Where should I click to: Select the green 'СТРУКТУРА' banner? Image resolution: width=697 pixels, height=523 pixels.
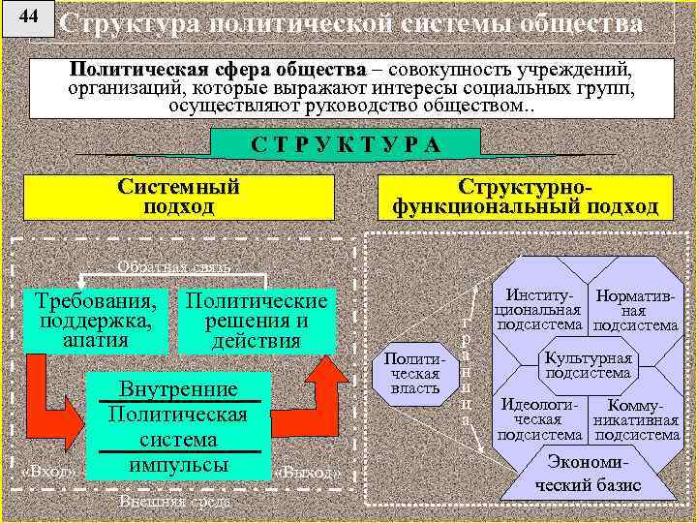pyautogui.click(x=345, y=144)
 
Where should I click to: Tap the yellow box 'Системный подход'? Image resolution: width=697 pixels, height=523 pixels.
pyautogui.click(x=178, y=197)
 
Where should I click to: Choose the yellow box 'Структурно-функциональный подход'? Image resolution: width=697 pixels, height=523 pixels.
pyautogui.click(x=525, y=197)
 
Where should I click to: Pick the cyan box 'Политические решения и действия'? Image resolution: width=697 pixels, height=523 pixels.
pyautogui.click(x=256, y=320)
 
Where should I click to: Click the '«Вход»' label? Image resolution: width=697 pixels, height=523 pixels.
pyautogui.click(x=47, y=472)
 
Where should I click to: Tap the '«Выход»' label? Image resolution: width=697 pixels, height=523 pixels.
pyautogui.click(x=307, y=473)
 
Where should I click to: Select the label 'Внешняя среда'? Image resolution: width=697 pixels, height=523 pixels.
pyautogui.click(x=175, y=502)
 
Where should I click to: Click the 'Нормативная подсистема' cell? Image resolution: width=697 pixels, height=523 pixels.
pyautogui.click(x=634, y=311)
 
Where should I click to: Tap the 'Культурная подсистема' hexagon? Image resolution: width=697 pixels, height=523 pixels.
pyautogui.click(x=588, y=365)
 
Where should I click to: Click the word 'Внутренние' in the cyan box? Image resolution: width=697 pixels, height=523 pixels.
pyautogui.click(x=178, y=388)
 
